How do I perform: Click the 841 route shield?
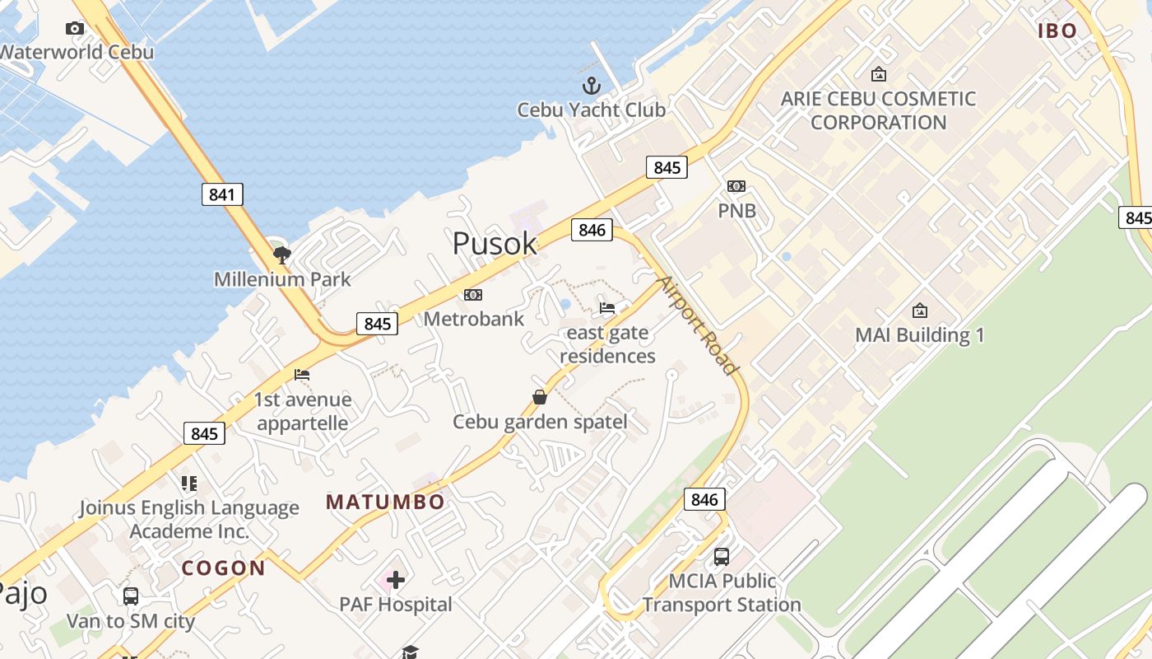pyautogui.click(x=222, y=195)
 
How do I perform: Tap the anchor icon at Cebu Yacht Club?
pyautogui.click(x=591, y=85)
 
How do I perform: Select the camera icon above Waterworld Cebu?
pyautogui.click(x=75, y=29)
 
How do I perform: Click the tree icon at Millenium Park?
pyautogui.click(x=282, y=255)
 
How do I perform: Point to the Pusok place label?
pyautogui.click(x=495, y=244)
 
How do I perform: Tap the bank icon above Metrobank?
pyautogui.click(x=473, y=295)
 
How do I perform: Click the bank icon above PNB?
pyautogui.click(x=736, y=186)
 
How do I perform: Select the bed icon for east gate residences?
pyautogui.click(x=607, y=308)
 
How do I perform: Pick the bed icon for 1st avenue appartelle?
pyautogui.click(x=302, y=375)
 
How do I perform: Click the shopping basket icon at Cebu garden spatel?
pyautogui.click(x=540, y=397)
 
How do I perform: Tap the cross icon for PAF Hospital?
pyautogui.click(x=396, y=580)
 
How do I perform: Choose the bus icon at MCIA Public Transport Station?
pyautogui.click(x=722, y=556)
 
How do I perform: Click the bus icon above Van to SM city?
pyautogui.click(x=130, y=596)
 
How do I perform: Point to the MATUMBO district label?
pyautogui.click(x=385, y=502)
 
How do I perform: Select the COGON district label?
pyautogui.click(x=223, y=568)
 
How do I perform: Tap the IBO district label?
pyautogui.click(x=1057, y=31)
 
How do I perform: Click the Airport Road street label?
pyautogui.click(x=699, y=325)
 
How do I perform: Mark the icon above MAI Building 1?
pyautogui.click(x=920, y=311)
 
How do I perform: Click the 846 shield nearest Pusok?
pyautogui.click(x=592, y=230)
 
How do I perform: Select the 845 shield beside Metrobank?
pyautogui.click(x=378, y=324)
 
